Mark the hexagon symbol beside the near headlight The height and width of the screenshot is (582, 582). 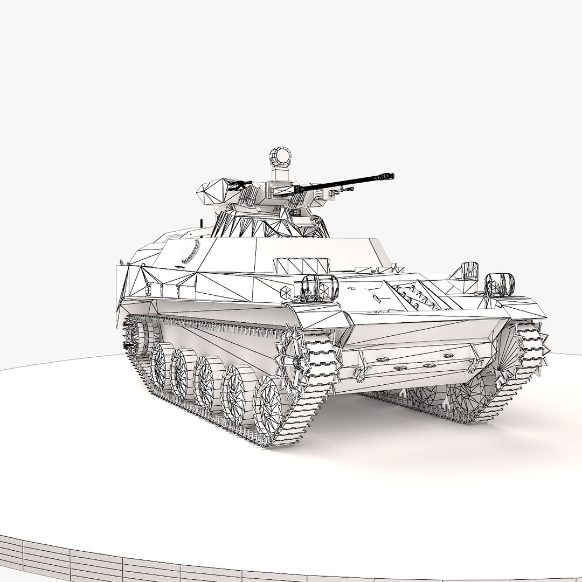285,290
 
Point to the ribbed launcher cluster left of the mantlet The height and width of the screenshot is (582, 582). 249,194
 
